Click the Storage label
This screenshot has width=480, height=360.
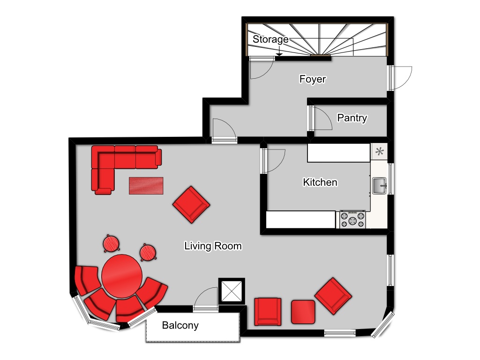click(x=270, y=39)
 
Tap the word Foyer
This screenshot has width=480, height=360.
click(x=313, y=79)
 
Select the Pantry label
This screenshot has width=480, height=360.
click(x=352, y=118)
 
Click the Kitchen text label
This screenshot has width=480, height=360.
click(x=320, y=182)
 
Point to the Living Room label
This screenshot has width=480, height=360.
click(x=213, y=246)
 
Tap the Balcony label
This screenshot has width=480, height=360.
click(x=180, y=325)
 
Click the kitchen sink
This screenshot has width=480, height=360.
click(x=380, y=186)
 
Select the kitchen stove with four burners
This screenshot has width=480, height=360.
click(x=352, y=219)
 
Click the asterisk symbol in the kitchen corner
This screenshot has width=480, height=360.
click(x=380, y=151)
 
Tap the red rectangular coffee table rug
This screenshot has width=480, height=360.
click(x=146, y=186)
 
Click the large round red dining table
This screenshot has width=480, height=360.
click(x=122, y=276)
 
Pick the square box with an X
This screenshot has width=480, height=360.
click(x=232, y=291)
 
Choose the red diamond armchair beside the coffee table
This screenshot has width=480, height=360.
click(x=191, y=204)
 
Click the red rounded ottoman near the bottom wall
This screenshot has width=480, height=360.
click(x=303, y=312)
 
